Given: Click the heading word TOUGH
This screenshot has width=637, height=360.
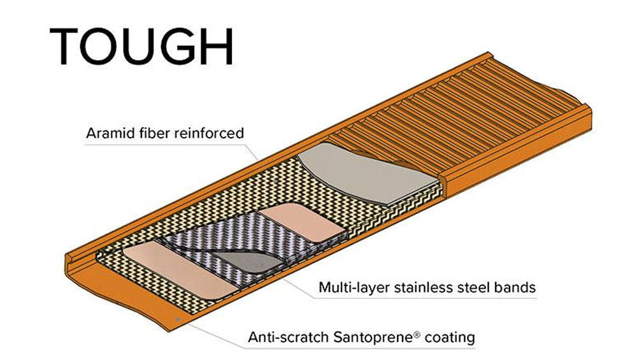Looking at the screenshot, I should (141, 46).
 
